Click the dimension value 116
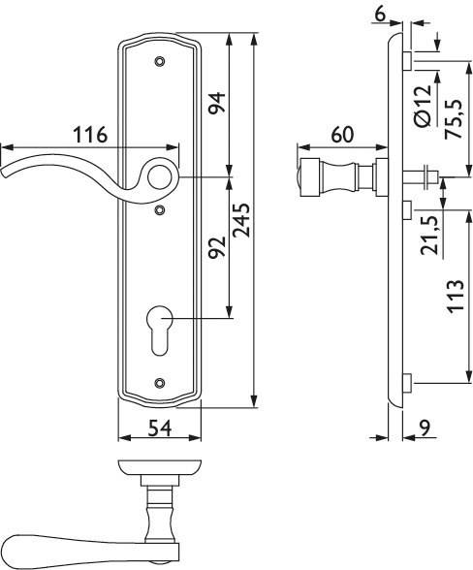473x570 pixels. [x=90, y=137]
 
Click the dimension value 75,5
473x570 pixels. [x=453, y=118]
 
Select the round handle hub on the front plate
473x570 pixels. [x=161, y=176]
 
